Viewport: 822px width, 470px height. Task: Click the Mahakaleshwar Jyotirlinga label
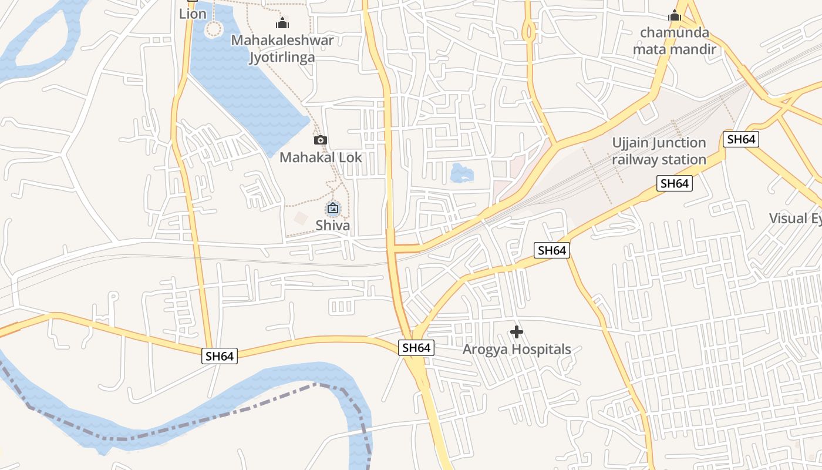click(x=282, y=49)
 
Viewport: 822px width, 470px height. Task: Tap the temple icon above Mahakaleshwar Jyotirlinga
click(x=282, y=23)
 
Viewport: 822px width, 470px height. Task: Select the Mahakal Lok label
click(x=321, y=157)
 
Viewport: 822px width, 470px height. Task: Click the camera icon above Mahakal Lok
click(x=321, y=140)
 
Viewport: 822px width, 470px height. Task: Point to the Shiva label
click(x=332, y=226)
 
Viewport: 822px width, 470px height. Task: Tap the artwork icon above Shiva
click(x=332, y=208)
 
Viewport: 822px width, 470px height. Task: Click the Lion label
click(x=193, y=14)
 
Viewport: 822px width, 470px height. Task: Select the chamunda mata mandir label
click(x=674, y=41)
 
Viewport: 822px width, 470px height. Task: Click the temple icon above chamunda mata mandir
click(x=674, y=15)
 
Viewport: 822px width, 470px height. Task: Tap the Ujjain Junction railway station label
click(x=659, y=151)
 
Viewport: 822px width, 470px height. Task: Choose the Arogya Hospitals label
click(x=517, y=350)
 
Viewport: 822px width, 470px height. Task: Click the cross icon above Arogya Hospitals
click(x=517, y=333)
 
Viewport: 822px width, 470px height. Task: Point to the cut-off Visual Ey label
click(x=796, y=219)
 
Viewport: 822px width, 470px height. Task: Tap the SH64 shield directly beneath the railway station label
click(x=674, y=183)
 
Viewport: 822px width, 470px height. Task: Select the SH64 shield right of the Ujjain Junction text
click(x=740, y=139)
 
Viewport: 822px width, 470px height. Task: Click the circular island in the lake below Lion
click(x=214, y=28)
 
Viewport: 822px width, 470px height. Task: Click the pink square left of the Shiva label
click(x=301, y=219)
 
